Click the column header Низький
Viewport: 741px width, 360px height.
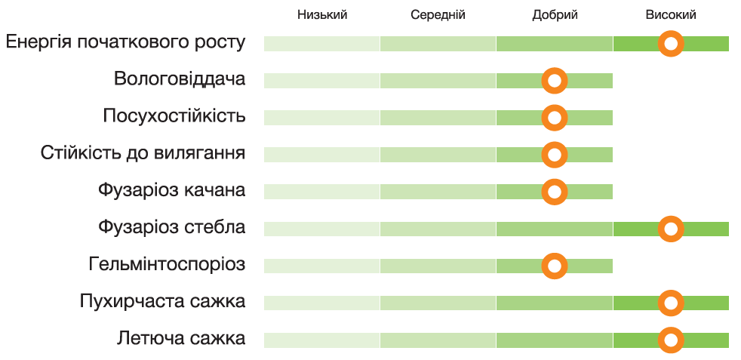point(322,15)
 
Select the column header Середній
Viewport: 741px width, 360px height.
point(438,15)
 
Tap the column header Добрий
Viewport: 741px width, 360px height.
point(555,15)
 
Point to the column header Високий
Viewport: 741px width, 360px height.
point(671,15)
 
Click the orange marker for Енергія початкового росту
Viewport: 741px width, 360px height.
point(671,44)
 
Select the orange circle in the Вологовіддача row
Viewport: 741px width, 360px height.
point(555,81)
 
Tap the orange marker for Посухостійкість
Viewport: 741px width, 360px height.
point(555,118)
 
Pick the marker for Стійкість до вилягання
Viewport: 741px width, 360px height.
point(555,155)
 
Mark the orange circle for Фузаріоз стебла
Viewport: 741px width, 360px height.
point(671,228)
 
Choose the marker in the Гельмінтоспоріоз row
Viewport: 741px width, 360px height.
point(555,266)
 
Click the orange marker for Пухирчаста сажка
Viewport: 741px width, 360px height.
point(671,303)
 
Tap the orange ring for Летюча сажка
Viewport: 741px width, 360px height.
point(671,340)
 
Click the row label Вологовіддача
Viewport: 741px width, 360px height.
point(180,79)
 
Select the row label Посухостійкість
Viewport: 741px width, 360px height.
point(174,116)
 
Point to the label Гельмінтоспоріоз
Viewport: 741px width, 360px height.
point(167,264)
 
